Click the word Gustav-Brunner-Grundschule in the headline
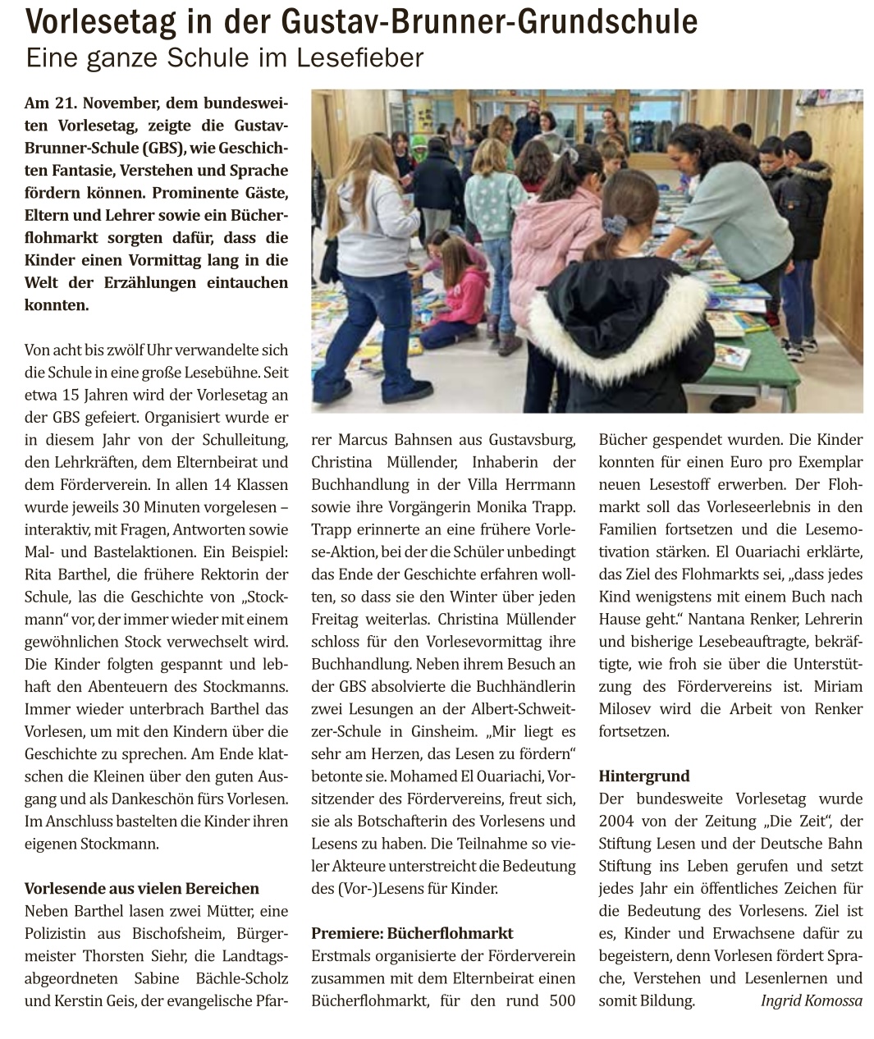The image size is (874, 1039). (x=489, y=21)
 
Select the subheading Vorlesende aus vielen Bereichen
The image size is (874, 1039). (x=141, y=888)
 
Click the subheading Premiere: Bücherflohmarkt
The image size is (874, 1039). (x=412, y=933)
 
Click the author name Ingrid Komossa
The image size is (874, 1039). (x=811, y=1000)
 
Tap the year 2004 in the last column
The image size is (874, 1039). (x=616, y=821)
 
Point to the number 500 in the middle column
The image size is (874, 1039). (x=561, y=1000)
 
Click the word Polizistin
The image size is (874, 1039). (x=57, y=933)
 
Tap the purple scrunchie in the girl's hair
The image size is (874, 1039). (x=614, y=224)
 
